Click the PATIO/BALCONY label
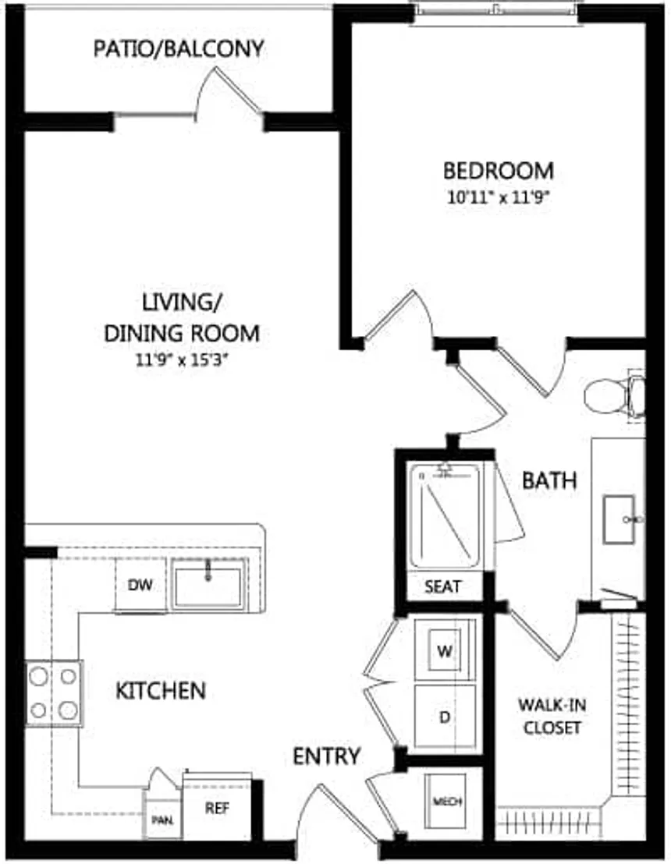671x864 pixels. pos(178,49)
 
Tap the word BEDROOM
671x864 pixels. pos(499,170)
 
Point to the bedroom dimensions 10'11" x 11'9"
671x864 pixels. pos(499,197)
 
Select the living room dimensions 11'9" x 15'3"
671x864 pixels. pos(181,361)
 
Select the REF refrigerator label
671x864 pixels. pos(217,808)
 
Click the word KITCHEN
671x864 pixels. pos(161,690)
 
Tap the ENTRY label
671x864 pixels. pos(327,756)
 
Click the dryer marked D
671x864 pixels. pos(445,717)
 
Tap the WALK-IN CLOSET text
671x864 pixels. pos(552,716)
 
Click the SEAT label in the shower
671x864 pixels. pos(442,587)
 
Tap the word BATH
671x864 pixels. pos(549,480)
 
